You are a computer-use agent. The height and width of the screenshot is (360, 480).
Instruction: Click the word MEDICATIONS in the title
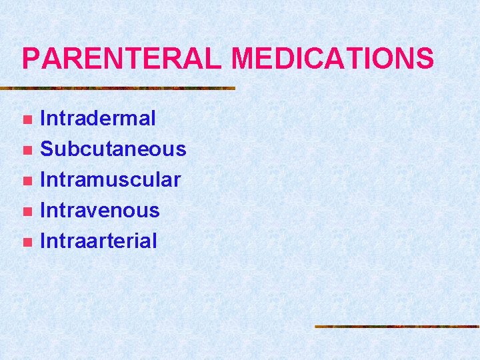pyautogui.click(x=333, y=59)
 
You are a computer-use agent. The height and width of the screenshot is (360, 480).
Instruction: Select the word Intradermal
pyautogui.click(x=98, y=119)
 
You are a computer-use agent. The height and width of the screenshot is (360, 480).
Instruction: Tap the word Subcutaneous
pyautogui.click(x=113, y=149)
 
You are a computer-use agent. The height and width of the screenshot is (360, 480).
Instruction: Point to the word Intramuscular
pyautogui.click(x=111, y=179)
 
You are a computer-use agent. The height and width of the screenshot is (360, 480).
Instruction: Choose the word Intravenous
pyautogui.click(x=100, y=210)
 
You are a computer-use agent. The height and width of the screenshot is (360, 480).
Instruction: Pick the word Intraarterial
pyautogui.click(x=99, y=241)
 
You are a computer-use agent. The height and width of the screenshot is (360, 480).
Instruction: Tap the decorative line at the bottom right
pyautogui.click(x=397, y=327)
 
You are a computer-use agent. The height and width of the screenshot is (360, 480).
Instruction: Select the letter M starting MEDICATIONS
pyautogui.click(x=244, y=59)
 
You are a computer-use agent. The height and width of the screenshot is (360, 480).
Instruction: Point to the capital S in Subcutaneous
pyautogui.click(x=48, y=149)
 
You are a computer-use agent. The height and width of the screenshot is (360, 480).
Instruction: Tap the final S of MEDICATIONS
pyautogui.click(x=425, y=59)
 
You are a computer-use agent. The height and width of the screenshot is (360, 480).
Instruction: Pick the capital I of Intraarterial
pyautogui.click(x=43, y=241)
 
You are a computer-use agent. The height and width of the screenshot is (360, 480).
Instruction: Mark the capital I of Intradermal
pyautogui.click(x=43, y=119)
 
